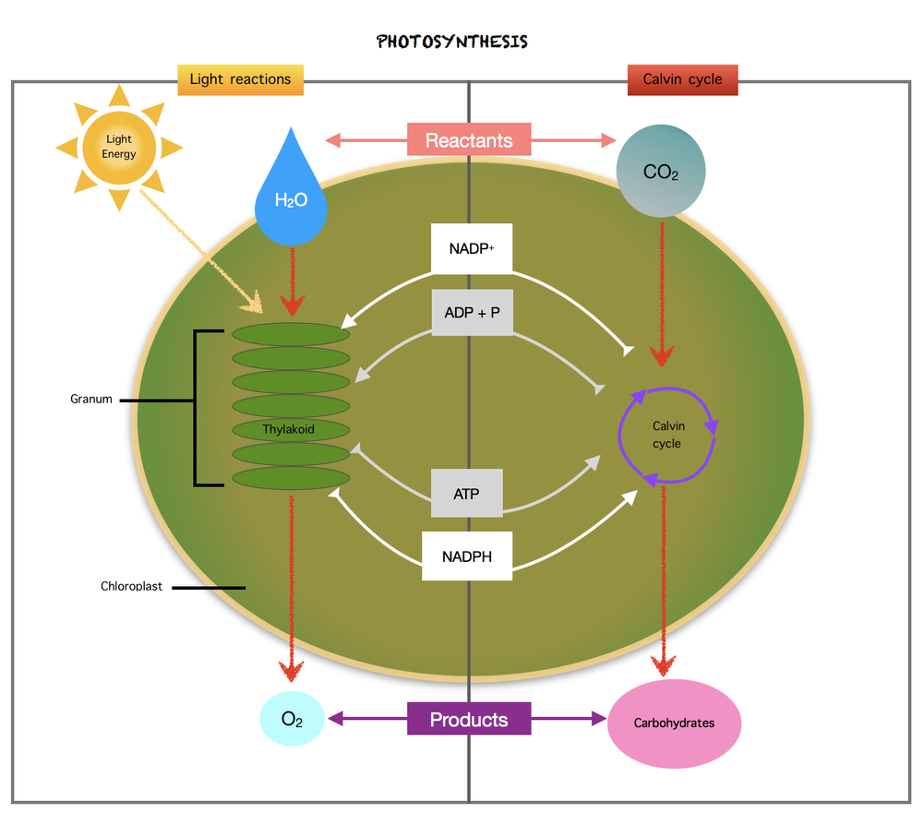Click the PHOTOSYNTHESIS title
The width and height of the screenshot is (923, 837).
pyautogui.click(x=452, y=42)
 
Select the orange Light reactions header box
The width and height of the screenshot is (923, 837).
pyautogui.click(x=240, y=79)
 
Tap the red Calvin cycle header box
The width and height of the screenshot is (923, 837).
pyautogui.click(x=682, y=79)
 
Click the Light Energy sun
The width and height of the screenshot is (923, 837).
pyautogui.click(x=119, y=147)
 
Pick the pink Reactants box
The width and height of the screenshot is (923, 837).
pyautogui.click(x=469, y=140)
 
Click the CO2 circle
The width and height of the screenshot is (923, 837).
pyautogui.click(x=661, y=172)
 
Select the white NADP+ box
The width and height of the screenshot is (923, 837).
pyautogui.click(x=472, y=248)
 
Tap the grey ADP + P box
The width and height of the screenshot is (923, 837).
pyautogui.click(x=472, y=313)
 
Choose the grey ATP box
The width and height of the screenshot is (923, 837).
pyautogui.click(x=467, y=494)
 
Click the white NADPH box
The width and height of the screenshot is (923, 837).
pyautogui.click(x=467, y=556)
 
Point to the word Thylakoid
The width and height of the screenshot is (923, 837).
pyautogui.click(x=288, y=429)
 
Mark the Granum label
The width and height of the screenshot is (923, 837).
pyautogui.click(x=91, y=400)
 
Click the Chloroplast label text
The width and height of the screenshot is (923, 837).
pyautogui.click(x=131, y=586)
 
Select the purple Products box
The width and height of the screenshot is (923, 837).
pyautogui.click(x=469, y=719)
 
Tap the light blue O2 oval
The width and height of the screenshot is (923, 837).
pyautogui.click(x=292, y=720)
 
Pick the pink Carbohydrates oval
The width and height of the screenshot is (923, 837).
pyautogui.click(x=674, y=723)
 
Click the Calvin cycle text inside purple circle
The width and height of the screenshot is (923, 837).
pyautogui.click(x=666, y=435)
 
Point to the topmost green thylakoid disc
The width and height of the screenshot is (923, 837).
pyautogui.click(x=291, y=335)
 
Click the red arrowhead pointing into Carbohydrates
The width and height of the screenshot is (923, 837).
pyautogui.click(x=663, y=666)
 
